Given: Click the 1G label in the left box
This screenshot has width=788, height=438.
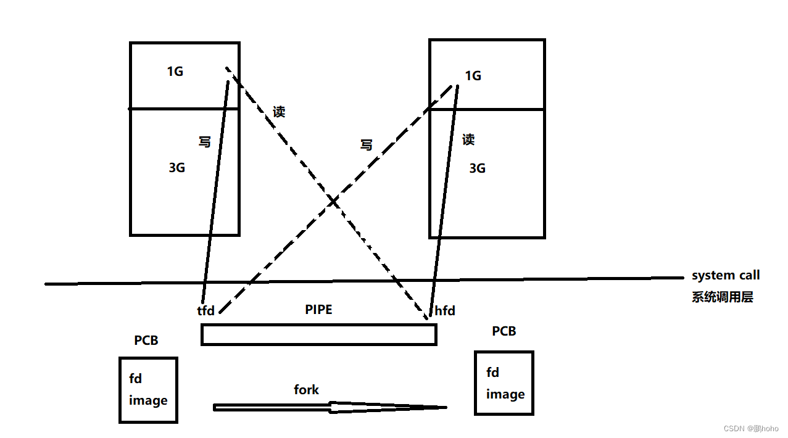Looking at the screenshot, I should click(175, 72).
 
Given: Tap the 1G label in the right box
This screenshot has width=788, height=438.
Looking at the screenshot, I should click(473, 76).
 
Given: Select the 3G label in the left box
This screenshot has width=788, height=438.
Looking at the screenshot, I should click(177, 168).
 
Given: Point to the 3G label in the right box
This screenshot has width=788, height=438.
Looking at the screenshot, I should click(477, 168).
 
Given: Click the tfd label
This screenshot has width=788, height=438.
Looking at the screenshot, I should click(206, 311).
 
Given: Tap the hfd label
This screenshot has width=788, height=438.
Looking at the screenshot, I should click(445, 311).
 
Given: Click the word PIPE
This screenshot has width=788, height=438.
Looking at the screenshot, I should click(318, 310).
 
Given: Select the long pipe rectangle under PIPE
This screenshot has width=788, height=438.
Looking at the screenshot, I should click(318, 334).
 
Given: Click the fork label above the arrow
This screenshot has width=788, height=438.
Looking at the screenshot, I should click(306, 390).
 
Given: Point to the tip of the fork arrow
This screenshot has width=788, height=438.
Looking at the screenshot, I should click(446, 407).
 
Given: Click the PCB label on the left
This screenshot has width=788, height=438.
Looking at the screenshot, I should click(146, 341).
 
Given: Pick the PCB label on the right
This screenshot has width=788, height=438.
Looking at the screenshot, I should click(504, 331).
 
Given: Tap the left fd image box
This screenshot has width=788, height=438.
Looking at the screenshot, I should click(148, 390).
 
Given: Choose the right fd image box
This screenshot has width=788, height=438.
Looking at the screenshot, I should click(504, 383).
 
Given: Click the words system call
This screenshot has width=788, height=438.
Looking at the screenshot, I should click(726, 275).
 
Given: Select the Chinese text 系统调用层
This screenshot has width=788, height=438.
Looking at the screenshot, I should click(723, 297).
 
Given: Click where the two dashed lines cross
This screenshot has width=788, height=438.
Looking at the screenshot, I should click(333, 202).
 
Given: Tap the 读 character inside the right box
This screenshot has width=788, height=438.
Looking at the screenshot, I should click(468, 140).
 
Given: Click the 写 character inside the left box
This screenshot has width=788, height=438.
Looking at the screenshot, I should click(204, 142).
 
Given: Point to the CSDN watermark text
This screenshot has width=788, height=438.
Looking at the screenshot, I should click(751, 428).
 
